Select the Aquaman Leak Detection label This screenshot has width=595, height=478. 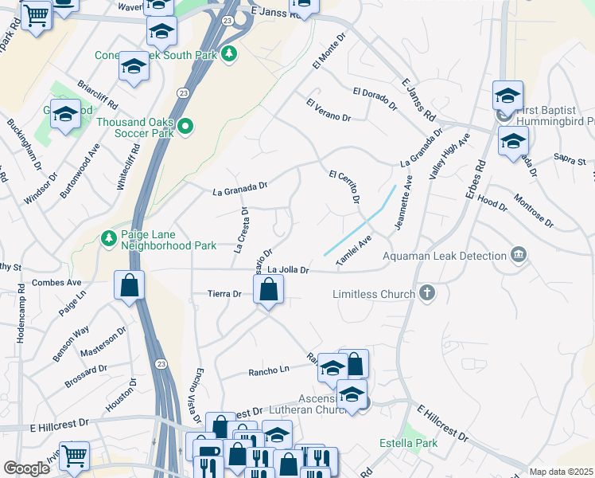pyautogui.click(x=445, y=256)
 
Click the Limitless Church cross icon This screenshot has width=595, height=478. pyautogui.click(x=427, y=293)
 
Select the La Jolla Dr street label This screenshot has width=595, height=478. pyautogui.click(x=287, y=271)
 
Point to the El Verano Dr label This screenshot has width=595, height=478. pyautogui.click(x=328, y=110)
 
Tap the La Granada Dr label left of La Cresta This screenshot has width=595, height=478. pyautogui.click(x=240, y=189)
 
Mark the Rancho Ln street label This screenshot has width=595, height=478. pyautogui.click(x=268, y=370)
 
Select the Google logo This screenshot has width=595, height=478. pyautogui.click(x=26, y=468)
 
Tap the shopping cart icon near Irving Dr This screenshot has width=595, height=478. pyautogui.click(x=74, y=456)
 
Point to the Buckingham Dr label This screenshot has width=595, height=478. pyautogui.click(x=23, y=144)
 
